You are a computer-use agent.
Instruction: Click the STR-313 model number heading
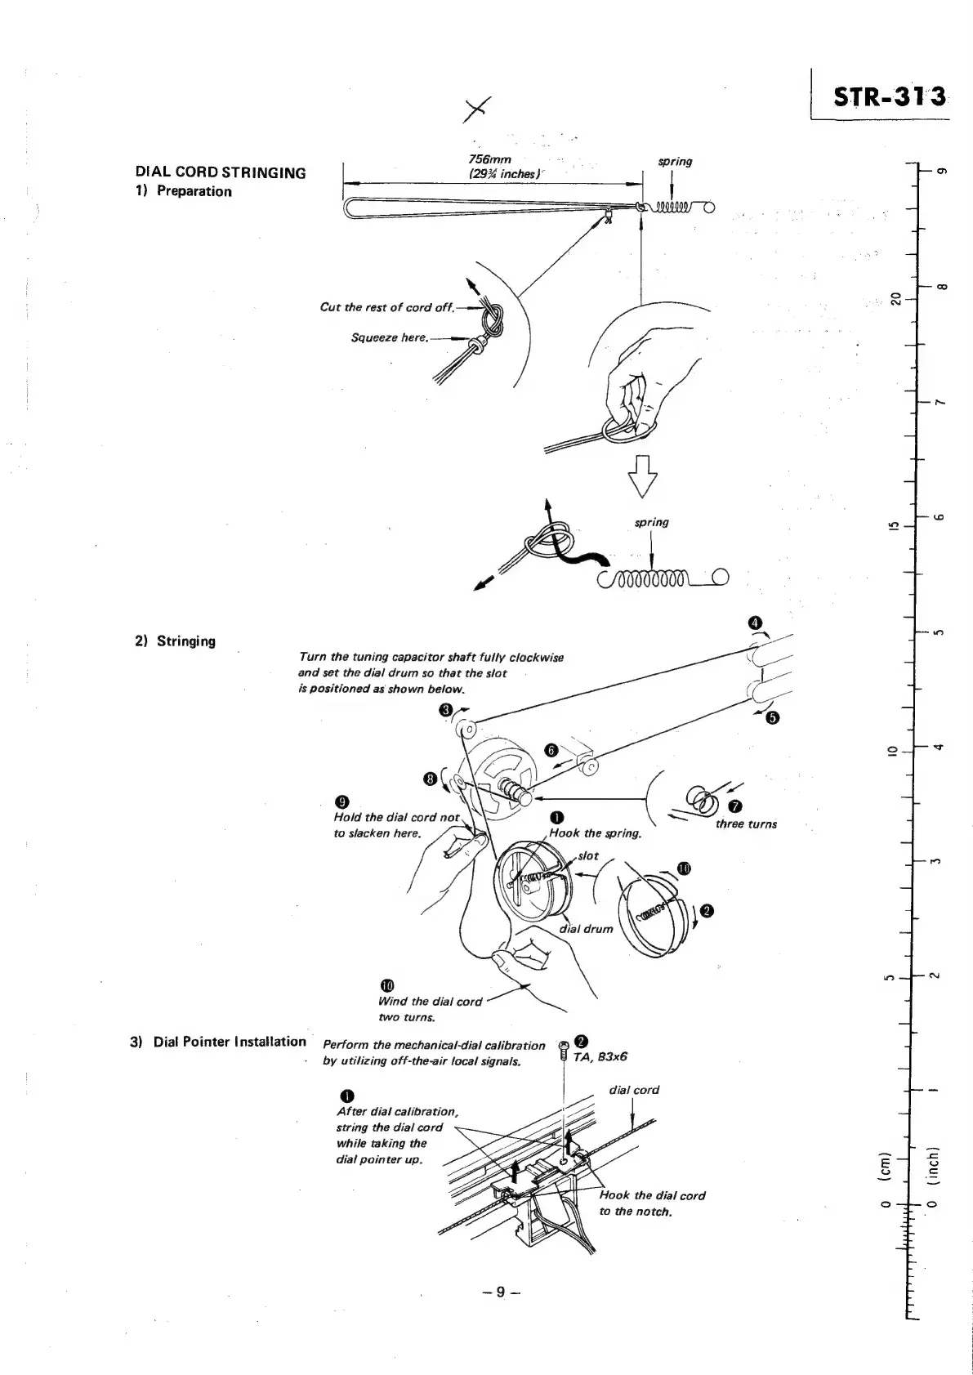[x=889, y=97]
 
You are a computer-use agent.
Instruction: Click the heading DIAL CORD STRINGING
[x=221, y=172]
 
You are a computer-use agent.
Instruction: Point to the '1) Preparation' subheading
[x=184, y=191]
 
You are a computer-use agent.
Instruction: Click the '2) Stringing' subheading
[x=175, y=641]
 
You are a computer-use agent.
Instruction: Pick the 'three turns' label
[x=746, y=824]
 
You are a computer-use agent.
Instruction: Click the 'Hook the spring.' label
[x=596, y=833]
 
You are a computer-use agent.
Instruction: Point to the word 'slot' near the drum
[x=588, y=856]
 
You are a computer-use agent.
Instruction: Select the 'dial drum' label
[x=586, y=928]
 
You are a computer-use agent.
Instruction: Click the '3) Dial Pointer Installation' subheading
[x=218, y=1042]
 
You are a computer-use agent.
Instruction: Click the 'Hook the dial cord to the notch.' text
[x=652, y=1203]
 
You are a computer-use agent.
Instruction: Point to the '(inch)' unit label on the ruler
[x=931, y=1163]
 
